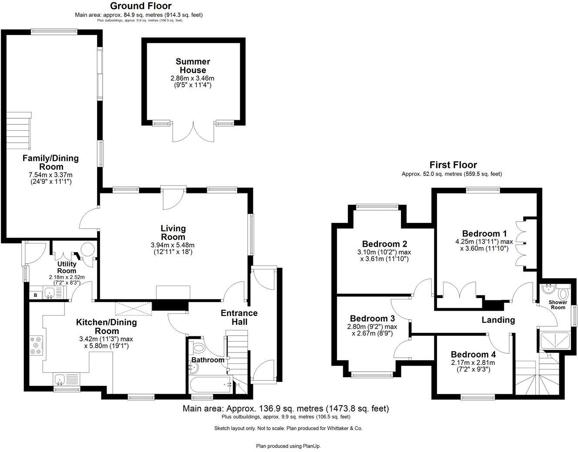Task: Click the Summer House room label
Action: tap(193, 66)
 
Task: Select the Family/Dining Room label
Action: tap(50, 163)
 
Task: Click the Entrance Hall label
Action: tap(239, 317)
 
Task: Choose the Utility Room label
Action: tap(67, 267)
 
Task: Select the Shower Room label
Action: tap(558, 305)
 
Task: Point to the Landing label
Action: tap(498, 320)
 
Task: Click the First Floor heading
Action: tap(453, 165)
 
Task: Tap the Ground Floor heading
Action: tap(141, 6)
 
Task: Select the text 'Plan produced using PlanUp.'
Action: tap(288, 446)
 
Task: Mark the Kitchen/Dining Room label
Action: tap(106, 326)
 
